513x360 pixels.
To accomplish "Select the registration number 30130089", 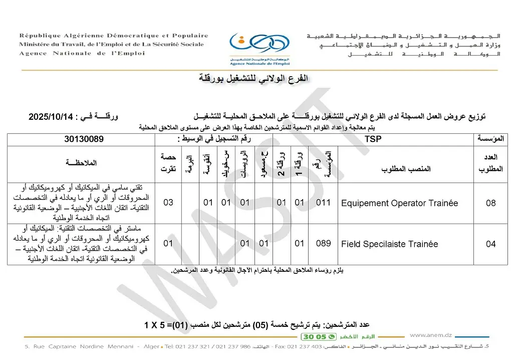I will (x=84, y=139).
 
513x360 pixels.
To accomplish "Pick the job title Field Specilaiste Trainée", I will (x=389, y=244).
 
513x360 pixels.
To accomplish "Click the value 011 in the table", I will (x=324, y=203).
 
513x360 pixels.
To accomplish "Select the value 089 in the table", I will (x=324, y=244).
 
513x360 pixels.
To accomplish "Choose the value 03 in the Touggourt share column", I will (x=169, y=203).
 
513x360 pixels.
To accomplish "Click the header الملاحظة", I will (x=81, y=163).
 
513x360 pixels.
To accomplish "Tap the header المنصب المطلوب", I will (x=406, y=169).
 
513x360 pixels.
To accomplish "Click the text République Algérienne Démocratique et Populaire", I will (x=114, y=36).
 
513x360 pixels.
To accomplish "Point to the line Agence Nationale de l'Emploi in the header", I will (x=82, y=54).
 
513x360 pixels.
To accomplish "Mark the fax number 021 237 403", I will (x=302, y=347).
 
